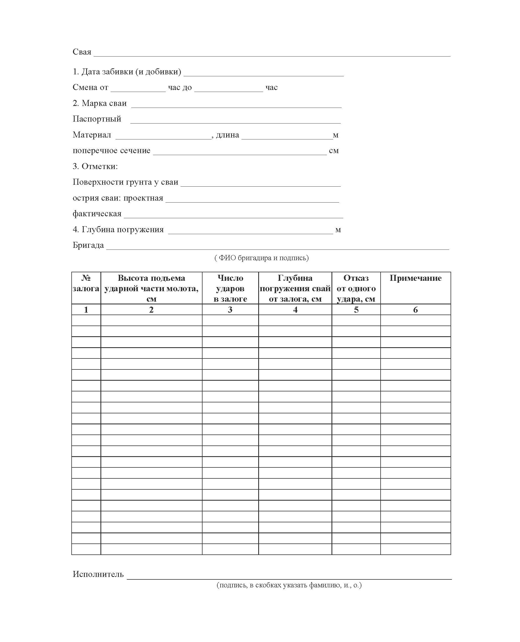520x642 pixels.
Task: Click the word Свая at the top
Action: [82, 52]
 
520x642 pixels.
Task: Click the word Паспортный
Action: [97, 119]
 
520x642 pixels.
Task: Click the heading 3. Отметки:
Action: [95, 166]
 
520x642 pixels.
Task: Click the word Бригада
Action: [88, 245]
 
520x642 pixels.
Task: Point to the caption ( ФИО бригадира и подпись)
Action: [262, 258]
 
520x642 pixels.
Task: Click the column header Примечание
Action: [415, 278]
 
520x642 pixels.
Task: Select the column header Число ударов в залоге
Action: [230, 288]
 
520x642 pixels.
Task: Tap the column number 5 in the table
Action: [356, 310]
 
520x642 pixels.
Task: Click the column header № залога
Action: [86, 283]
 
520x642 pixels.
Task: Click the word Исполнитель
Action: [98, 574]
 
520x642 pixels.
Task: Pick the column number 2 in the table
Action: [151, 310]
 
